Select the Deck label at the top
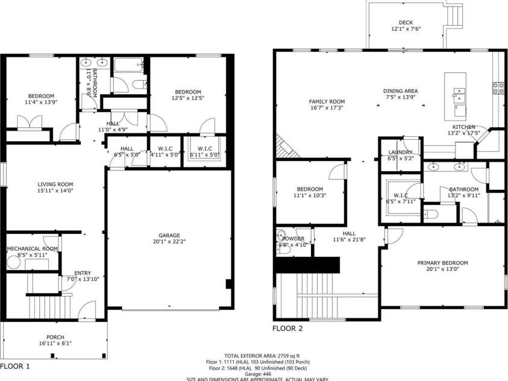pyautogui.click(x=406, y=22)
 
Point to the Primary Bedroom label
pyautogui.click(x=443, y=263)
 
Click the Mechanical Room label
pyautogui.click(x=32, y=249)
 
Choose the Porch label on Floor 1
pyautogui.click(x=55, y=337)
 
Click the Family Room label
pyautogui.click(x=327, y=101)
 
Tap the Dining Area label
pyautogui.click(x=401, y=91)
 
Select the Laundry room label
pyautogui.click(x=400, y=153)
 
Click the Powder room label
pyautogui.click(x=293, y=239)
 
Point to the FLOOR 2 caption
pyautogui.click(x=287, y=329)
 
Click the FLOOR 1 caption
pyautogui.click(x=15, y=365)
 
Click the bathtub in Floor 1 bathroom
pyautogui.click(x=128, y=65)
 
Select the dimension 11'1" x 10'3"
pyautogui.click(x=310, y=196)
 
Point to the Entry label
pyautogui.click(x=83, y=273)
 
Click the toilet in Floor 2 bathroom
pyautogui.click(x=432, y=213)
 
